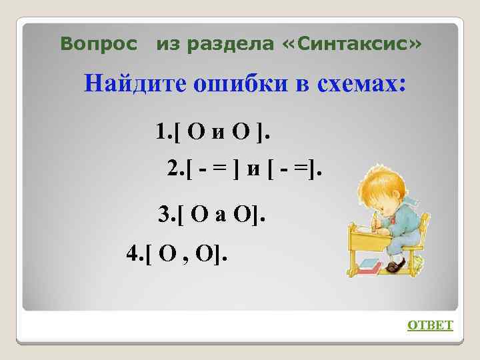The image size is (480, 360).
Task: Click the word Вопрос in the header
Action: point(99,44)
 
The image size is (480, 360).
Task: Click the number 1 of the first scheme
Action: point(161,131)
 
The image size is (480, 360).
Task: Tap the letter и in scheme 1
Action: point(218,132)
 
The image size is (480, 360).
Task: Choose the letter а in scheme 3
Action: point(221,215)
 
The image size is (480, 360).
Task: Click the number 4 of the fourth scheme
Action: point(133,253)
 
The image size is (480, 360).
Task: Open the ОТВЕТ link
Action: point(430,325)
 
